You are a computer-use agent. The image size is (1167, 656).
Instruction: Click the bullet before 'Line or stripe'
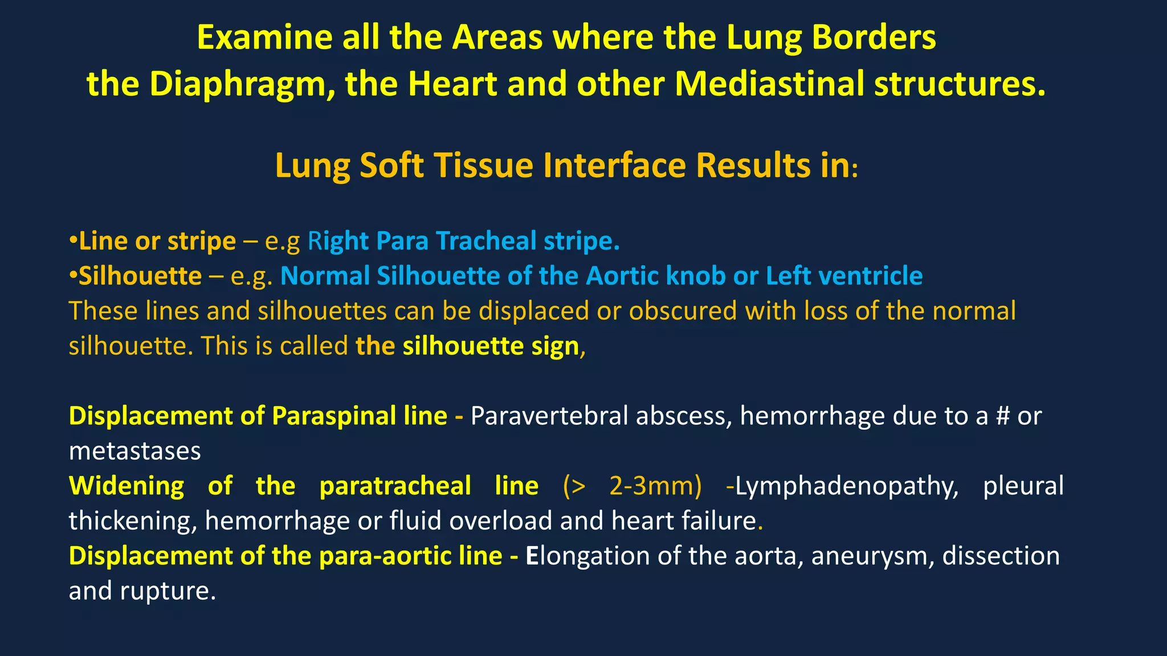coord(73,240)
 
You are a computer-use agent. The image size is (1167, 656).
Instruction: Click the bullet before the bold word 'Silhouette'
coord(73,275)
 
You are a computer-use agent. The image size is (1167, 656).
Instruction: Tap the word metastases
coord(135,451)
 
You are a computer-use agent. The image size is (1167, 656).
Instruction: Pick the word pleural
coord(1023,486)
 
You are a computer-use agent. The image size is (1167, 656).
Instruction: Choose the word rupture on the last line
coord(168,591)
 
